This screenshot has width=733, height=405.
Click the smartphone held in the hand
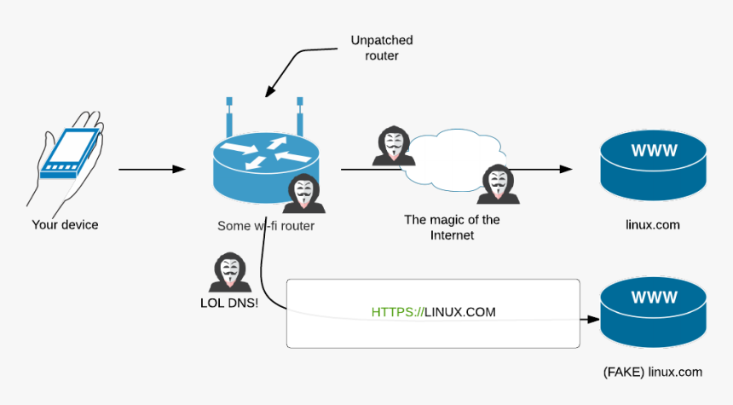(x=67, y=153)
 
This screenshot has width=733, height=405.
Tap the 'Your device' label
(x=65, y=225)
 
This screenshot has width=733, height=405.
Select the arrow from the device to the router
(x=151, y=170)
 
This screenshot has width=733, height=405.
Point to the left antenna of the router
(x=229, y=116)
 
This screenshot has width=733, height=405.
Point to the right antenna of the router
(x=300, y=116)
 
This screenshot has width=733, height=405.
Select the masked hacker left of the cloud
(x=393, y=146)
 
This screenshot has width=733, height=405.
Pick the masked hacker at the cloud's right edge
(x=498, y=183)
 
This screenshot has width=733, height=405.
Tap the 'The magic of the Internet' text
(x=452, y=227)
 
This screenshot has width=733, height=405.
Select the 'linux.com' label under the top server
(x=652, y=225)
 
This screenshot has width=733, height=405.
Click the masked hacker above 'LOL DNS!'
(x=228, y=272)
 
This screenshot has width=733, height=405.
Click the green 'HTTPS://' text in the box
(x=397, y=312)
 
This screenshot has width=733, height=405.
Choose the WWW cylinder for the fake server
(x=653, y=312)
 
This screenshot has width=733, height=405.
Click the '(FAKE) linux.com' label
(x=652, y=372)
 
